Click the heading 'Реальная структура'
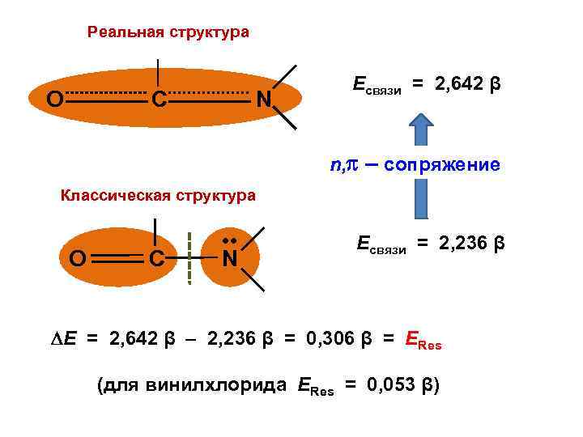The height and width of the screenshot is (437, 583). [168, 32]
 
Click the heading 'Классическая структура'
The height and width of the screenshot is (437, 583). [159, 195]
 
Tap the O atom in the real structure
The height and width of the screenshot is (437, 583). [55, 100]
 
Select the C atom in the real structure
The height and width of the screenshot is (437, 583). [159, 100]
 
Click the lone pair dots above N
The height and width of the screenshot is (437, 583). [229, 241]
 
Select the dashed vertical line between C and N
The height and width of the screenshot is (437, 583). [189, 258]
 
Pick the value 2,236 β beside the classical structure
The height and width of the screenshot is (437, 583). [472, 241]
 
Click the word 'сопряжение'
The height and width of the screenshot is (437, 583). [442, 165]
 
